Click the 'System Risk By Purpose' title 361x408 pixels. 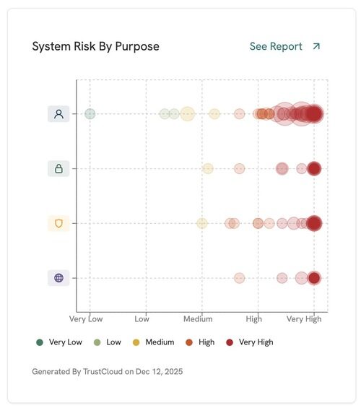coord(95,46)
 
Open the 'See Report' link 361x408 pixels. coord(275,46)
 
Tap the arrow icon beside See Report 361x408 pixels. coord(316,46)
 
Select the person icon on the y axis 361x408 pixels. coord(58,113)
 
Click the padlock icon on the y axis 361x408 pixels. coord(58,168)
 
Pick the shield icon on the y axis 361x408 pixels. coord(58,223)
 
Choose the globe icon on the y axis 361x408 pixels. coord(58,277)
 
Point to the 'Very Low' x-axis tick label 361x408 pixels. coord(86,318)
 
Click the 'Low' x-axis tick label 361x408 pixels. coord(142,318)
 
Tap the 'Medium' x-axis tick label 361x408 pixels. coord(198,318)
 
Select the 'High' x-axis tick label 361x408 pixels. coord(254,318)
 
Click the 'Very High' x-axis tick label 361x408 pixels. coord(303,318)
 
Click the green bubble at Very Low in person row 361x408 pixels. coord(90,113)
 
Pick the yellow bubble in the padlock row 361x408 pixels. coord(207,168)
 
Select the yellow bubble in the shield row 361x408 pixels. coord(202,223)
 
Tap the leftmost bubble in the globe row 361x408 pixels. coord(239,278)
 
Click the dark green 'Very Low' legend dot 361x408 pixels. coord(39,342)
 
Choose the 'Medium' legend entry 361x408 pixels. coord(160,342)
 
